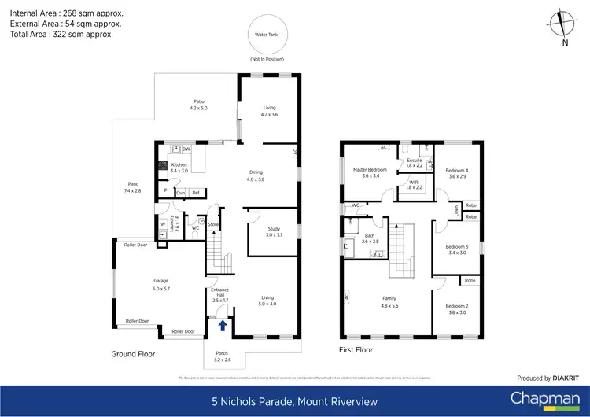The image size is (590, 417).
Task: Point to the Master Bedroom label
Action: coord(370,173)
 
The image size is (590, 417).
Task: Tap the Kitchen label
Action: coord(179,168)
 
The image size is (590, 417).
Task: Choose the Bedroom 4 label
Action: coord(457,173)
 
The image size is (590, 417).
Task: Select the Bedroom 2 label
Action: coord(457,308)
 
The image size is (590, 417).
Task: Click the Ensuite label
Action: coord(415,163)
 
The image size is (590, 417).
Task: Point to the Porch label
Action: coord(222,356)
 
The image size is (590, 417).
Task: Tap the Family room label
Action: coord(389,301)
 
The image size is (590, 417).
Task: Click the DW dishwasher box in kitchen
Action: coord(186,149)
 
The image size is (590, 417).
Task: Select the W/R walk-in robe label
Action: coord(414,186)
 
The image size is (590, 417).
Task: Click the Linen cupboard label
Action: coord(457,211)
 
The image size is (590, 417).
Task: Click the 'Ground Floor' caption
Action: coord(134,354)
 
